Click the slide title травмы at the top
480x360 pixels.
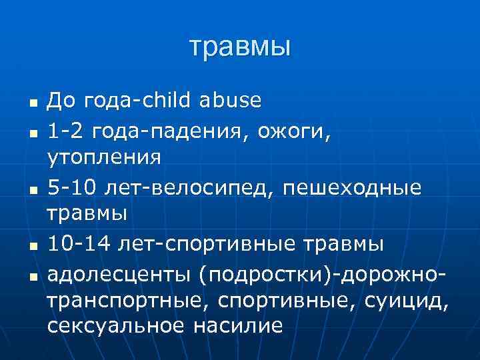[x=240, y=47]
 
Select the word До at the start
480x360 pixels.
[x=61, y=101]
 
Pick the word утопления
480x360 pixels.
[x=103, y=158]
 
